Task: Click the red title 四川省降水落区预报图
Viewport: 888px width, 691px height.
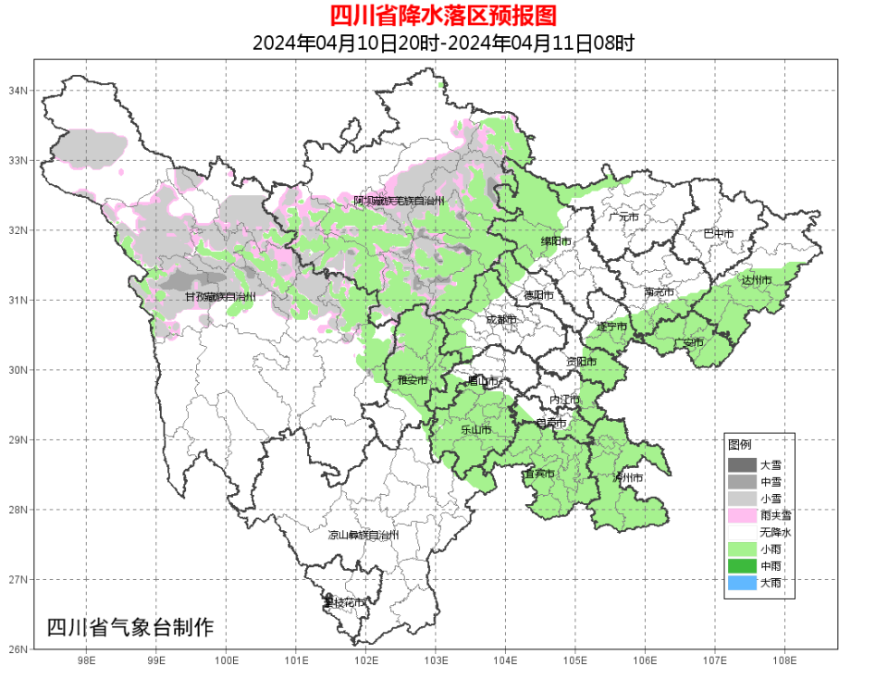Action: (x=443, y=16)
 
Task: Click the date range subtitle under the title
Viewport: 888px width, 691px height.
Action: (x=443, y=43)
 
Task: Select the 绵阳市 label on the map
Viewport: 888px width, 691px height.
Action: (x=556, y=242)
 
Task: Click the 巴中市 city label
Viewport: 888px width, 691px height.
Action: (x=718, y=234)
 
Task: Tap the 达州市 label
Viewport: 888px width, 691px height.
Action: (x=756, y=279)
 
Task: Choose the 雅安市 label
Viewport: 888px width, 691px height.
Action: (x=413, y=380)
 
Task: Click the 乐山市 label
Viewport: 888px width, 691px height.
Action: (x=475, y=430)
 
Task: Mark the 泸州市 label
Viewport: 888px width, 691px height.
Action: (x=627, y=477)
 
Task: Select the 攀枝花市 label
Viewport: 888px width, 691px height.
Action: (x=343, y=602)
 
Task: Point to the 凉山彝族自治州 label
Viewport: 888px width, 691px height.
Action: (x=364, y=535)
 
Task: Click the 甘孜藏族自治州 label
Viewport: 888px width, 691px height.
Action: (x=219, y=297)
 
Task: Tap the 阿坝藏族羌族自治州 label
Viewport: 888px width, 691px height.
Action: (x=399, y=201)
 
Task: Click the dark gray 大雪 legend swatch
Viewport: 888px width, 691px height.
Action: (x=741, y=464)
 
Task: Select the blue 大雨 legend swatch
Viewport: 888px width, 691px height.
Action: (x=741, y=583)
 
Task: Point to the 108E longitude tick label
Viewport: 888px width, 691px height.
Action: (x=784, y=660)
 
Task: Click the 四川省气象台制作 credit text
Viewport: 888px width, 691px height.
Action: (x=129, y=627)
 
